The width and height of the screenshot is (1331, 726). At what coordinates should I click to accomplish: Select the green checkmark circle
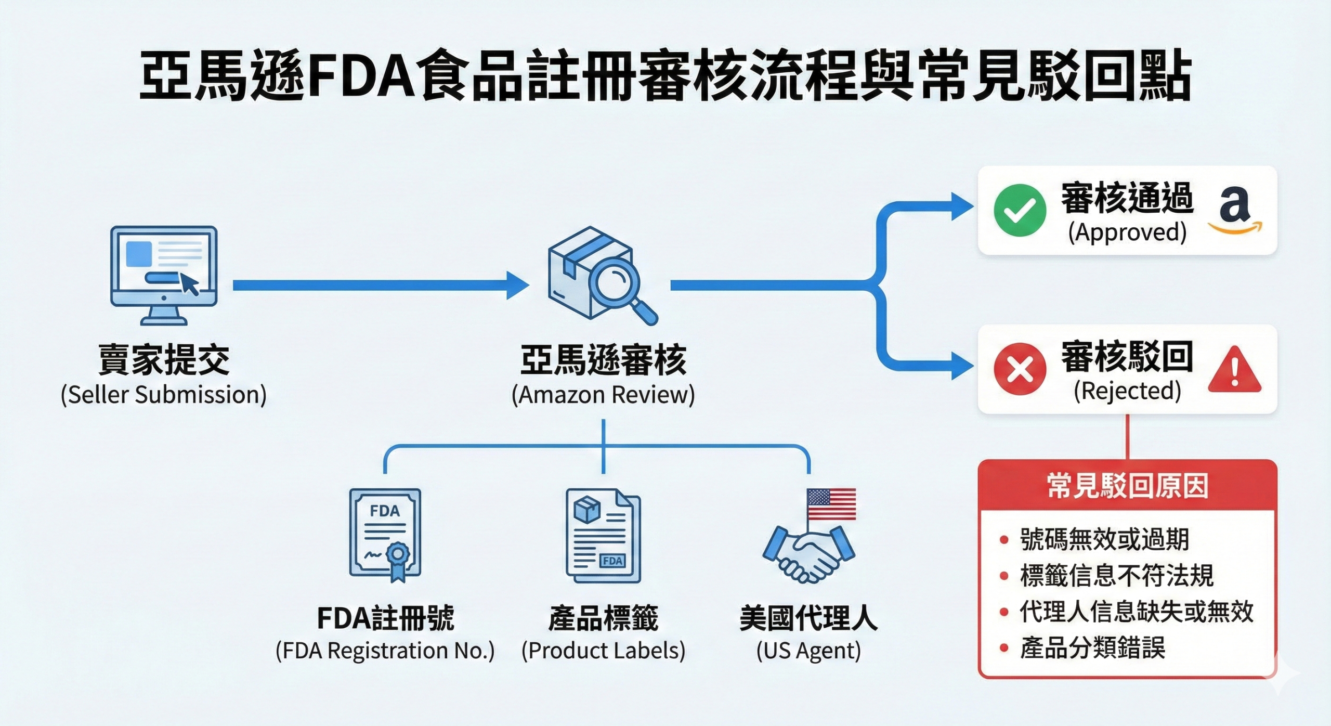[x=1020, y=210]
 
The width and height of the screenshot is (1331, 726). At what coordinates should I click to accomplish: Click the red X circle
[x=1020, y=369]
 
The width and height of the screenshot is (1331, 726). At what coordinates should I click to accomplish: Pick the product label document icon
[x=603, y=536]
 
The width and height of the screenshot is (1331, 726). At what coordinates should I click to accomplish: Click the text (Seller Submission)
[x=164, y=395]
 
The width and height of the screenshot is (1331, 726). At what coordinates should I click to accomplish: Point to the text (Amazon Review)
[x=603, y=395]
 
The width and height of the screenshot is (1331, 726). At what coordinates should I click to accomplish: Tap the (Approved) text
[x=1127, y=232]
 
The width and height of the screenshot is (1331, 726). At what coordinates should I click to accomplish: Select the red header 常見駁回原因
[x=1127, y=486]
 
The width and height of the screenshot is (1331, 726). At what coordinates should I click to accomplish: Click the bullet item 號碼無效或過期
[x=1104, y=539]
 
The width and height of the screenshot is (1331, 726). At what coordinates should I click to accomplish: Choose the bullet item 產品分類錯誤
[x=1092, y=648]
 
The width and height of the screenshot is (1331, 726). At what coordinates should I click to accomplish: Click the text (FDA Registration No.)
[x=385, y=651]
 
